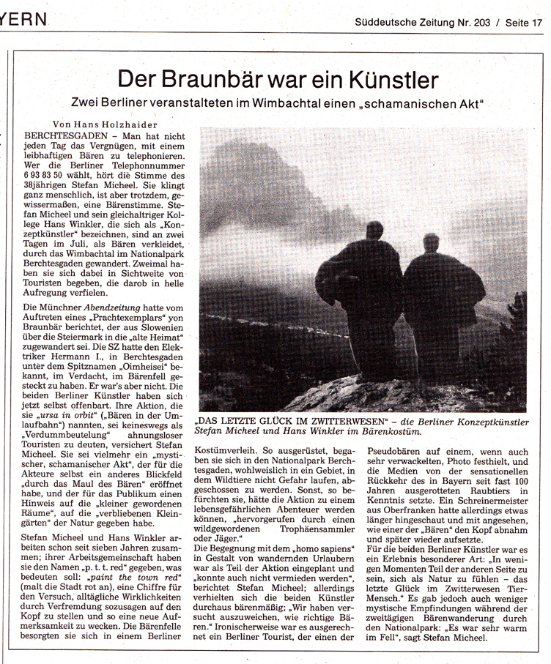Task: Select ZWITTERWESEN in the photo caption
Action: tap(340, 422)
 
